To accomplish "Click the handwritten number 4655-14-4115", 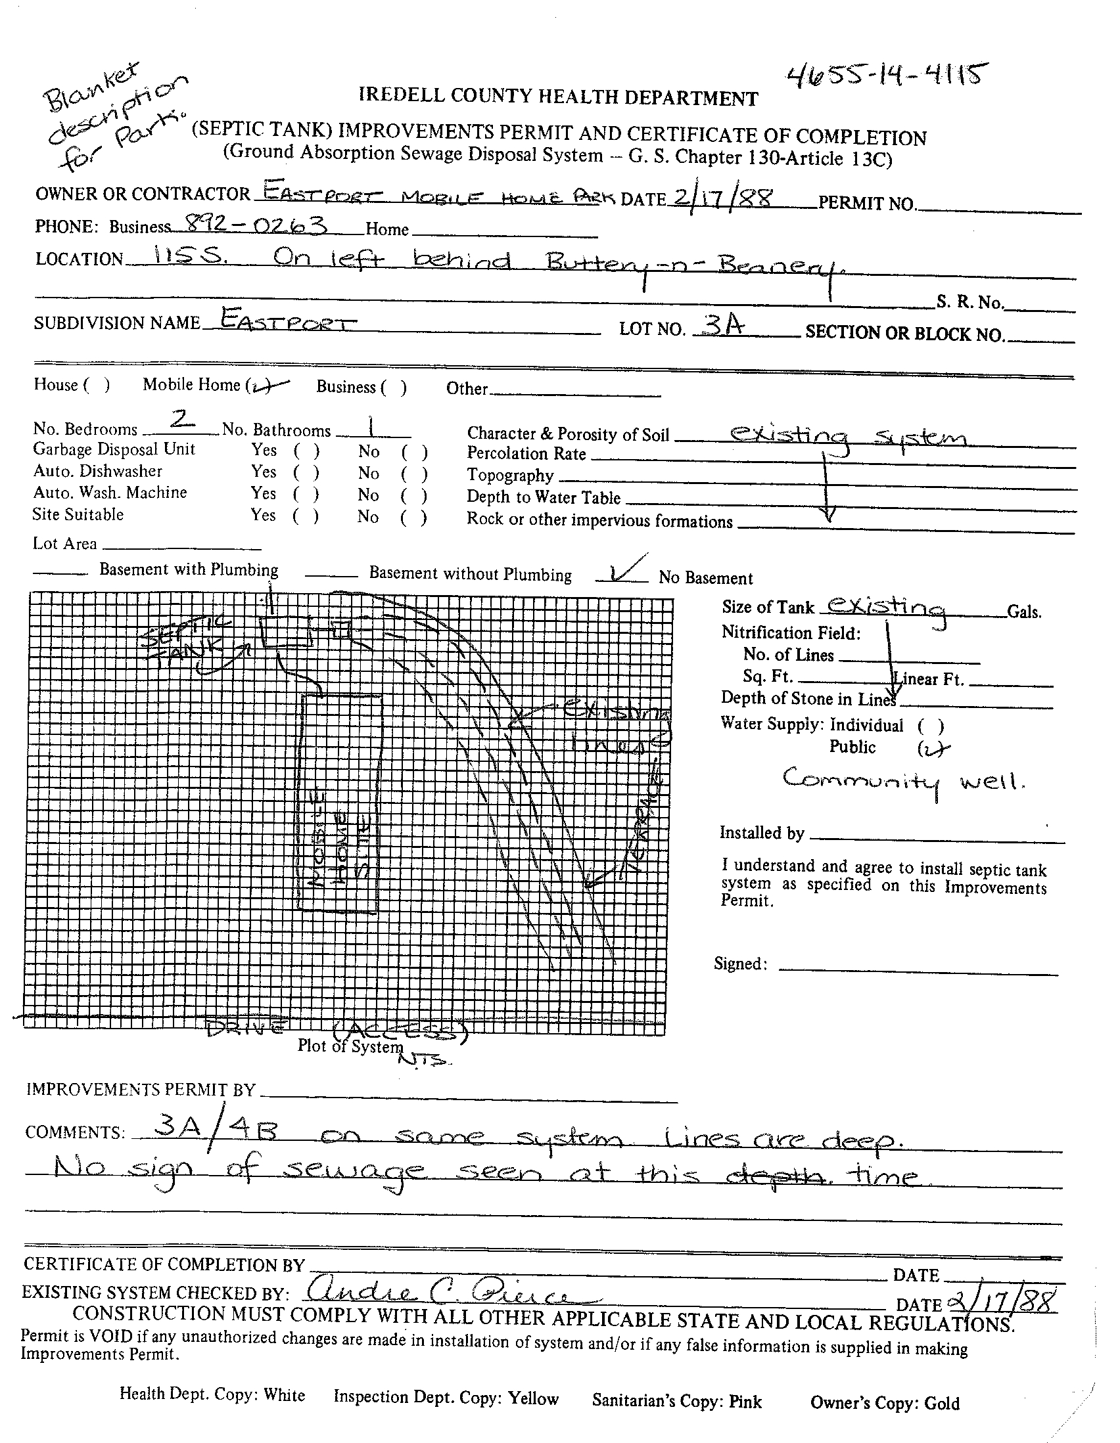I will click(x=887, y=78).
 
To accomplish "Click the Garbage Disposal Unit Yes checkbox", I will click(x=306, y=452).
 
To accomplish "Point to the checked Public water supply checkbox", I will click(x=931, y=749).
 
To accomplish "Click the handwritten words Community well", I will click(x=903, y=782).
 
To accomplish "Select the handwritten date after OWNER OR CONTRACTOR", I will click(x=722, y=197).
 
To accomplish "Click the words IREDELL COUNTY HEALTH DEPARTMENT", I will click(x=558, y=97).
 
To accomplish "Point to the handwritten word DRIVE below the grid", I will click(x=245, y=1028).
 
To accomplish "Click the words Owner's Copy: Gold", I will click(x=885, y=1403).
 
